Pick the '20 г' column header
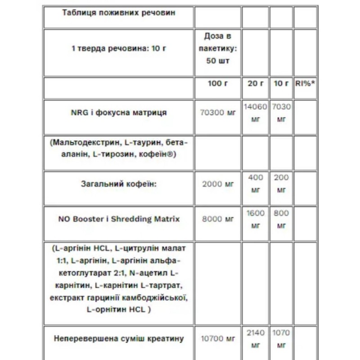(x=255, y=84)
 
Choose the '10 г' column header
(x=281, y=84)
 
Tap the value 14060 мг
(x=255, y=113)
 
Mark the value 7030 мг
(x=281, y=113)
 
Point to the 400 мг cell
(x=255, y=184)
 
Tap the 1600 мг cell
(x=255, y=219)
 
